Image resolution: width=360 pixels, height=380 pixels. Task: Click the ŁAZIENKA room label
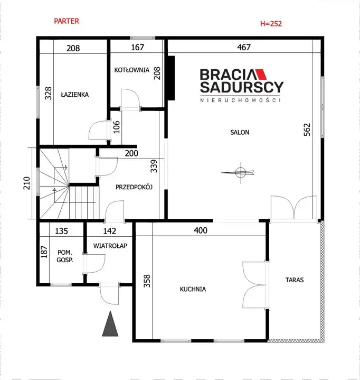[x=75, y=95]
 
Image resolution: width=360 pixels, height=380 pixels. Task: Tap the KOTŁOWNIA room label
[x=132, y=70]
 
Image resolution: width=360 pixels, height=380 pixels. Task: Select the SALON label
[x=240, y=132]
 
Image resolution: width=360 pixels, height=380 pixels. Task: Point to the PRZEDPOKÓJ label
[x=134, y=187]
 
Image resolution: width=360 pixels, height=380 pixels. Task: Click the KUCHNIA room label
[x=193, y=289]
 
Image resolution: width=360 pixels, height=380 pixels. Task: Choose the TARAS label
[x=295, y=280]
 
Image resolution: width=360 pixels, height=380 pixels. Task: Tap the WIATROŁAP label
[x=110, y=246]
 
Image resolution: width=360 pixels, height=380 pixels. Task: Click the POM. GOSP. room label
[x=64, y=256]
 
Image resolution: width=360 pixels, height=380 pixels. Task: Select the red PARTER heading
[x=67, y=21]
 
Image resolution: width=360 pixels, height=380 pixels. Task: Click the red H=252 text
[x=271, y=23]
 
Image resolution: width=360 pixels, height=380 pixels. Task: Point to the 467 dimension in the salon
[x=244, y=47]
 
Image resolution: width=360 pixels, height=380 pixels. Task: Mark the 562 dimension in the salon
[x=307, y=129]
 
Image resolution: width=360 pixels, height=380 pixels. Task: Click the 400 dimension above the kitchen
[x=201, y=230]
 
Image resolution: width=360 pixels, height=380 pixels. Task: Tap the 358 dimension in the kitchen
[x=147, y=281]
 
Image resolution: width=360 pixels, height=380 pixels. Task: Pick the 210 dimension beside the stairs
[x=26, y=183]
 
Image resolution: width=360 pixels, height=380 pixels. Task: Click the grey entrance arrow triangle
[x=110, y=323]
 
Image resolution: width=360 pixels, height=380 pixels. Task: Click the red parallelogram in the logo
[x=261, y=75]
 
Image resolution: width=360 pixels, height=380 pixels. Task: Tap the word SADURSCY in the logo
[x=242, y=87]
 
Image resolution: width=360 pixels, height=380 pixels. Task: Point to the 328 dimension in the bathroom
[x=48, y=94]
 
